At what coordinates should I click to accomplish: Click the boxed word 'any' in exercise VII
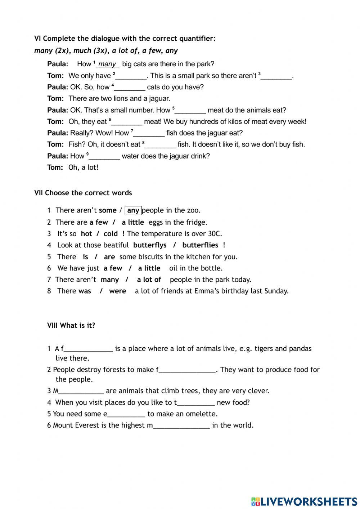[x=133, y=210]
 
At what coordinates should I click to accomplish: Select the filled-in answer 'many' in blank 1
[x=107, y=64]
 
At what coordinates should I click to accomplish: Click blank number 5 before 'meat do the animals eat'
[x=190, y=111]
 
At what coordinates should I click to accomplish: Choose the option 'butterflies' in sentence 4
[x=200, y=245]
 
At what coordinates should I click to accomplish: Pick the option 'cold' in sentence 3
[x=111, y=234]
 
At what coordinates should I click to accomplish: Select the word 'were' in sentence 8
[x=117, y=291]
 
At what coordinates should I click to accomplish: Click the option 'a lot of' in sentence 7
[x=149, y=280]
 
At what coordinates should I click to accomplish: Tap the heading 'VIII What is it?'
[x=71, y=326]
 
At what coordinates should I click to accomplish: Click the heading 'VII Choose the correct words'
[x=83, y=193]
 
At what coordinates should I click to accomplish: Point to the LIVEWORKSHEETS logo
[x=304, y=501]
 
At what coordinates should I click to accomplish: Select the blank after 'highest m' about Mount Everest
[x=181, y=426]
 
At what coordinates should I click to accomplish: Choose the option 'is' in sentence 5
[x=85, y=257]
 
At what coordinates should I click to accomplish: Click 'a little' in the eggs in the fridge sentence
[x=133, y=222]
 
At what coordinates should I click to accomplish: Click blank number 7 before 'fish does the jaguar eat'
[x=149, y=133]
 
